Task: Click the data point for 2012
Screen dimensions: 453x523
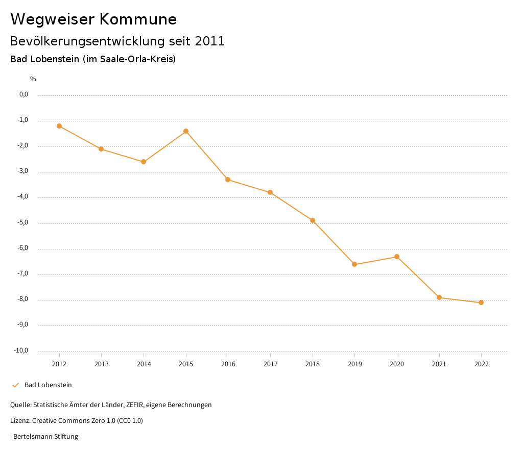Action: click(x=59, y=126)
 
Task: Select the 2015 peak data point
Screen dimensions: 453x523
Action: click(x=186, y=131)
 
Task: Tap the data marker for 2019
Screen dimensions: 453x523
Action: click(x=354, y=264)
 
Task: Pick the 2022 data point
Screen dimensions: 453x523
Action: click(x=481, y=303)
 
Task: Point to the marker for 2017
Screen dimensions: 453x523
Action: click(x=270, y=192)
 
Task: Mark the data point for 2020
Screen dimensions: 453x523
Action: click(x=397, y=257)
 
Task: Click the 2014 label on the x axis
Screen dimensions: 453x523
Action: click(x=144, y=364)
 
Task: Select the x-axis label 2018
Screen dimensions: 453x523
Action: click(x=313, y=364)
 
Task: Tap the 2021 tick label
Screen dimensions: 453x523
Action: click(x=439, y=364)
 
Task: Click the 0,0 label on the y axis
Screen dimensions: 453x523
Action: click(x=23, y=94)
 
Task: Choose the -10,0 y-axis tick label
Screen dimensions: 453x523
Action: click(x=21, y=350)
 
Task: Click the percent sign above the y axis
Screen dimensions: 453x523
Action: click(x=33, y=79)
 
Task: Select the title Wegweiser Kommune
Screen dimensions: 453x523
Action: click(x=93, y=19)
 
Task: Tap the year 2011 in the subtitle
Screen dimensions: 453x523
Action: click(x=210, y=41)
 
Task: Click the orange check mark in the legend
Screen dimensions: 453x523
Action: click(x=15, y=385)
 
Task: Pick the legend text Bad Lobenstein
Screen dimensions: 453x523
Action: click(x=48, y=385)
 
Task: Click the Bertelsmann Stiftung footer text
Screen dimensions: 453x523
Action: click(x=45, y=437)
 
